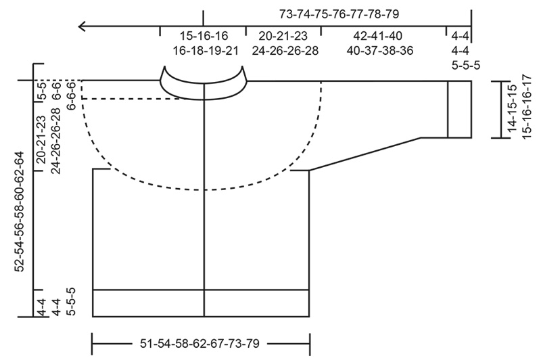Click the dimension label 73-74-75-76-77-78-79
tap(335, 13)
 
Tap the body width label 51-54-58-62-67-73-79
tap(201, 342)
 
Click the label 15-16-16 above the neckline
tap(204, 36)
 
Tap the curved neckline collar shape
tap(202, 84)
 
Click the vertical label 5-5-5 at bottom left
tap(71, 302)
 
